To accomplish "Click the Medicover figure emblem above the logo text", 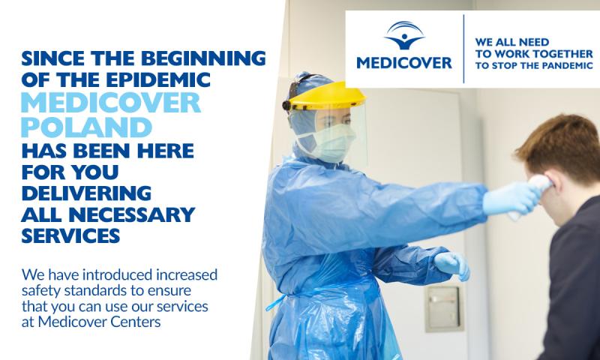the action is pos(404,35).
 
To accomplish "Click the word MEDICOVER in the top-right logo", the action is pos(404,63).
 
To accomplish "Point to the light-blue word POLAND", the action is pos(86,127).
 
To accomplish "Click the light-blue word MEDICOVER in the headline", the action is pos(111,103).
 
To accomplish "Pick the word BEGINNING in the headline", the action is pos(203,58).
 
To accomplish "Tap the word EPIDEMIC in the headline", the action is pos(158,79).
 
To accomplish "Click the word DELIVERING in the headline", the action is pos(86,193).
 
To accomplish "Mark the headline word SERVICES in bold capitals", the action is pos(70,235).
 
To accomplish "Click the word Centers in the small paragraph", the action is pos(136,322).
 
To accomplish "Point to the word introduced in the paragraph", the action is pos(117,274).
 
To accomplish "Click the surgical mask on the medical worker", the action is pos(332,143).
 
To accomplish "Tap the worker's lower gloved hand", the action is pos(452,265).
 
